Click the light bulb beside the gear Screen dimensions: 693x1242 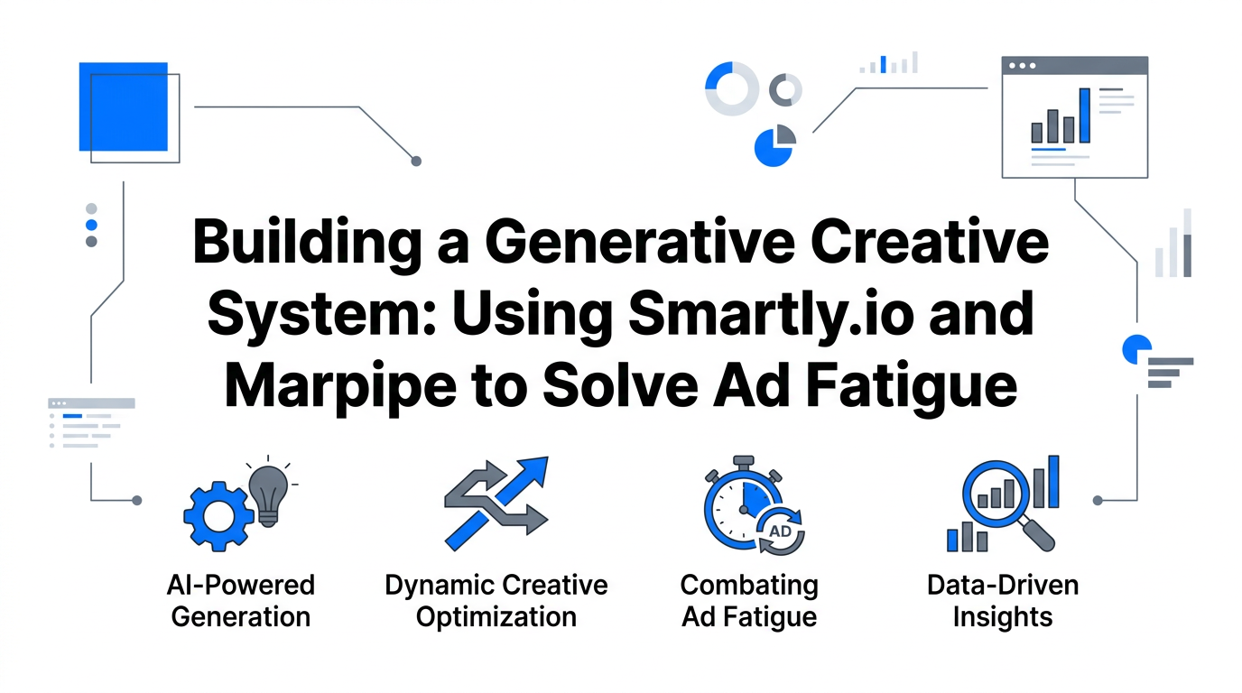268,492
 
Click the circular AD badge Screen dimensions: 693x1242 780,531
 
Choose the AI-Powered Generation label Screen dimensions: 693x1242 241,601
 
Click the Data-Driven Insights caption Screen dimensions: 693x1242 1002,601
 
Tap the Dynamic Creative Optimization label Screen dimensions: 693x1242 496,601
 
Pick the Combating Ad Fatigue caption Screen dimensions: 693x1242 749,601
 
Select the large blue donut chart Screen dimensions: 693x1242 731,88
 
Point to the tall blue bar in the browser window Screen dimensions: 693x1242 1084,115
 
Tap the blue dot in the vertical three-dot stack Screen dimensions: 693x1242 91,225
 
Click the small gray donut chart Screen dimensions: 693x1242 785,89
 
